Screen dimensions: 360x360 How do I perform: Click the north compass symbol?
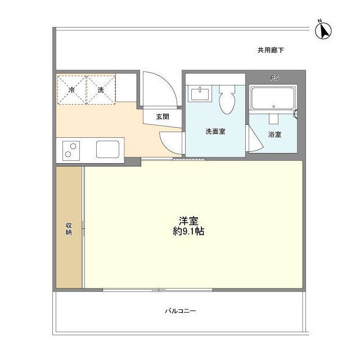pyautogui.click(x=323, y=29)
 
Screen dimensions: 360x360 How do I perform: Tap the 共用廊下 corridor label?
pyautogui.click(x=271, y=51)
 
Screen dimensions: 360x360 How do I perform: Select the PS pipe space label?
pyautogui.click(x=274, y=78)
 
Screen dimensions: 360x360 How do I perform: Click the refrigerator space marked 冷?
pyautogui.click(x=71, y=89)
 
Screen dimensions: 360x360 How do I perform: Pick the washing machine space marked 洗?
pyautogui.click(x=100, y=89)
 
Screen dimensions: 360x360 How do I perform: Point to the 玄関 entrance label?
pyautogui.click(x=163, y=116)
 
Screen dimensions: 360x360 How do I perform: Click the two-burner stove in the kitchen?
pyautogui.click(x=72, y=150)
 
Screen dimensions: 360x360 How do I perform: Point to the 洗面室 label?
pyautogui.click(x=215, y=132)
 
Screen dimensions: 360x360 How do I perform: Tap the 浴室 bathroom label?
pyautogui.click(x=275, y=135)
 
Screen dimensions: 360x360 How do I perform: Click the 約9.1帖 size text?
pyautogui.click(x=188, y=232)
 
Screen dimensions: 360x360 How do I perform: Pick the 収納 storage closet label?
pyautogui.click(x=69, y=228)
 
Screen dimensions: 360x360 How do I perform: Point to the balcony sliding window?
pyautogui.click(x=158, y=290)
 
